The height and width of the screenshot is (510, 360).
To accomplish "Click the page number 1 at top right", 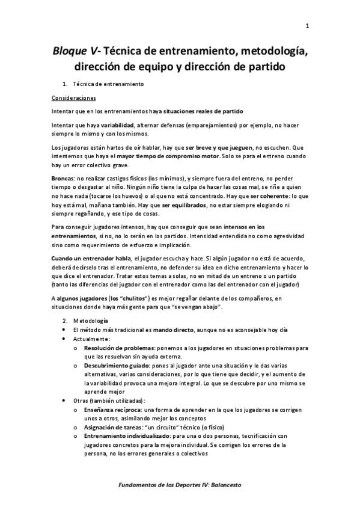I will (x=307, y=25).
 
